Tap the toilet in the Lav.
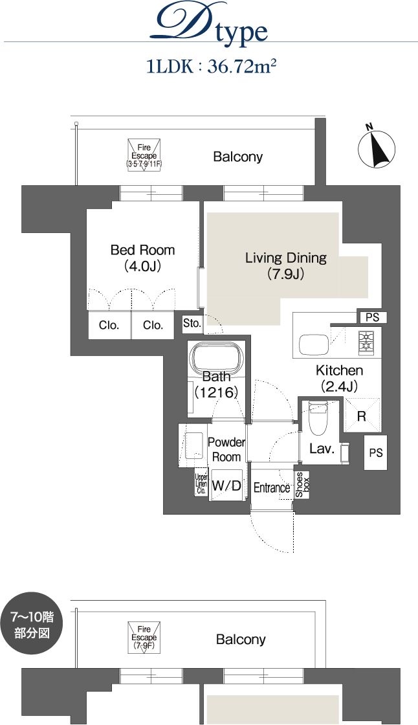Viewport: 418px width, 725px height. (x=318, y=418)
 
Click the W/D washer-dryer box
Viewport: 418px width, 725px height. (x=226, y=485)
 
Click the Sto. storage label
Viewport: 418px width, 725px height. (x=192, y=323)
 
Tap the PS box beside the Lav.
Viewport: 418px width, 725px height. (x=375, y=452)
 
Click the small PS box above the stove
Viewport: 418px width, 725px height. (x=372, y=317)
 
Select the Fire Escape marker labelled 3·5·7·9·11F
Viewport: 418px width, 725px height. (x=144, y=155)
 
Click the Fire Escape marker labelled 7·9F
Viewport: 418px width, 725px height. (x=144, y=638)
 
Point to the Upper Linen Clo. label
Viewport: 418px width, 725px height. (x=201, y=484)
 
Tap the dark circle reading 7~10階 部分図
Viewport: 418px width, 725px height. (x=32, y=624)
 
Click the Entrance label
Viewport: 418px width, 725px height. (x=272, y=487)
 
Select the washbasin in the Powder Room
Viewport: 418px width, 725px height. (x=193, y=445)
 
